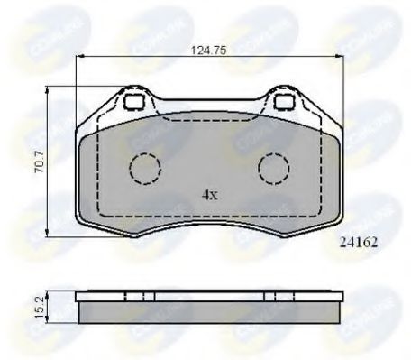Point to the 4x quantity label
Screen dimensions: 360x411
[x=209, y=194]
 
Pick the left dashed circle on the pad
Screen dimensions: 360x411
[x=144, y=167]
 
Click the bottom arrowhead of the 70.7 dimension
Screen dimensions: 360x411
[x=46, y=234]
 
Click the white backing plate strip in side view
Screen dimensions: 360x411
[x=208, y=295]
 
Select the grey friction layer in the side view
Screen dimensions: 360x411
[x=208, y=312]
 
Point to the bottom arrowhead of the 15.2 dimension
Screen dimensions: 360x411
[x=46, y=321]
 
